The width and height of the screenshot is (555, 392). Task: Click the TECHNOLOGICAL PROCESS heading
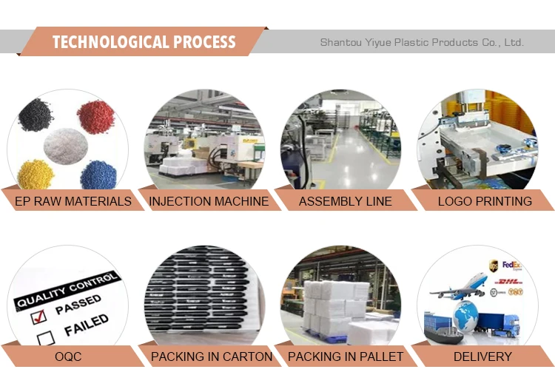[x=144, y=42]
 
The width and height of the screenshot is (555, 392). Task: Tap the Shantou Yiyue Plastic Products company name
[x=422, y=42]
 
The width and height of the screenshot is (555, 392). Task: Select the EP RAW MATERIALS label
[x=73, y=201]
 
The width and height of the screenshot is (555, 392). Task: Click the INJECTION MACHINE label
[x=209, y=201]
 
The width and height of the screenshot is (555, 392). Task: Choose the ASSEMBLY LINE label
[x=346, y=201]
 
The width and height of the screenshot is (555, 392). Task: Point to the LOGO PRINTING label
[x=485, y=201]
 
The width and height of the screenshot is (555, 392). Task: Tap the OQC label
[x=68, y=356]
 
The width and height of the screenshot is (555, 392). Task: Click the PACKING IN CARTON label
[x=212, y=356]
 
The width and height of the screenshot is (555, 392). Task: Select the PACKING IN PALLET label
[x=346, y=356]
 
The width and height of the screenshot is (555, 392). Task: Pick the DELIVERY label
[x=483, y=356]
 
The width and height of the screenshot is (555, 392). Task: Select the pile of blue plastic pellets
[x=98, y=175]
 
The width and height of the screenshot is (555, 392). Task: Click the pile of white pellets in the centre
[x=67, y=145]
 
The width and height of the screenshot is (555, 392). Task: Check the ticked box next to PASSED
[x=38, y=316]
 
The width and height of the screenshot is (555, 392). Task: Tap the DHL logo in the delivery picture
[x=511, y=282]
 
